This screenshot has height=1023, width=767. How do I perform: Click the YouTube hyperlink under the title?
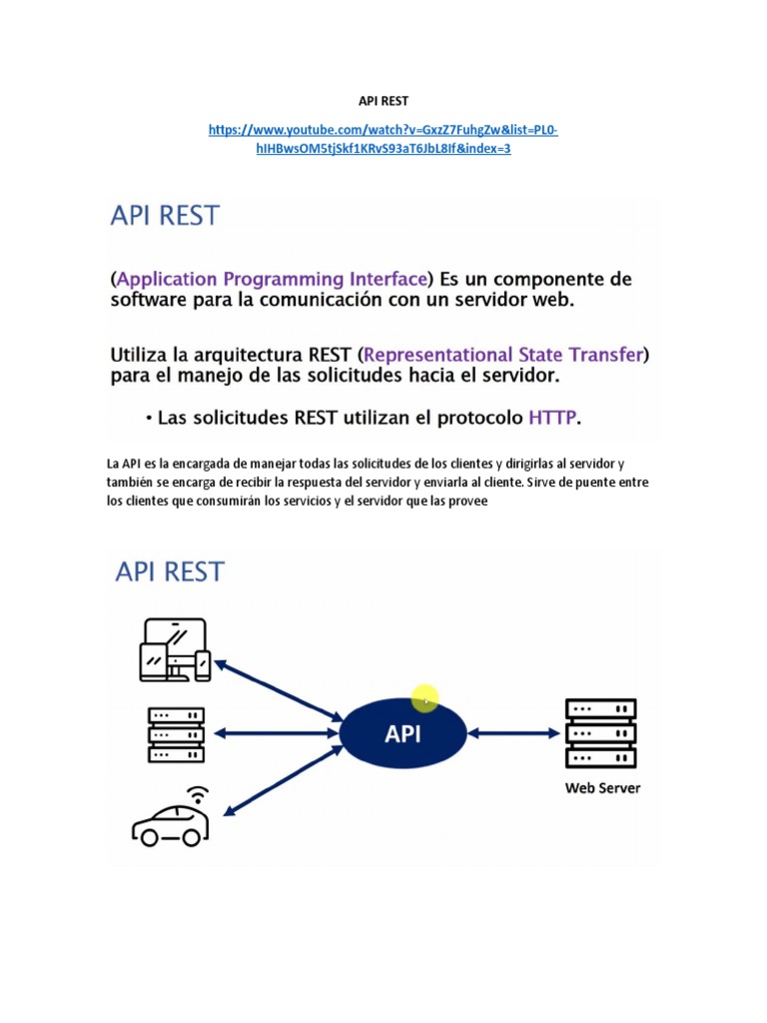tap(383, 139)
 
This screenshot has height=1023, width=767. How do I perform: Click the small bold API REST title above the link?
tap(383, 101)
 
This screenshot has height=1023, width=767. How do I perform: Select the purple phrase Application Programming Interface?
tap(272, 280)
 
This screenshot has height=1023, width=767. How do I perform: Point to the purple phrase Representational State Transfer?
tap(503, 355)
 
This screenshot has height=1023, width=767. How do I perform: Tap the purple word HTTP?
tap(552, 418)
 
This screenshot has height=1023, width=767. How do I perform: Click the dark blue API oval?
tap(403, 733)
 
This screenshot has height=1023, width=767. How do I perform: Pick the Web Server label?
tap(602, 788)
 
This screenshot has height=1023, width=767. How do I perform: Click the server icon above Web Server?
tap(600, 733)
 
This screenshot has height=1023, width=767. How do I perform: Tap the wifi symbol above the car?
tap(198, 795)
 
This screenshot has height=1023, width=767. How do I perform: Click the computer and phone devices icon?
tap(175, 649)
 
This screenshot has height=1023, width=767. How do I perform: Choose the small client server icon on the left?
tap(176, 734)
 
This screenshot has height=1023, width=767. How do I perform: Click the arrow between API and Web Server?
tap(514, 733)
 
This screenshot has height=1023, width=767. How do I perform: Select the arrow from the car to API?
tap(283, 781)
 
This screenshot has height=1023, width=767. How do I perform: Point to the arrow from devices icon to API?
tap(279, 691)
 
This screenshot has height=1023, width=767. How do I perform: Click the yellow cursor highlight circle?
tap(425, 698)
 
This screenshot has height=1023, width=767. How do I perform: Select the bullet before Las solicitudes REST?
tap(150, 419)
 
